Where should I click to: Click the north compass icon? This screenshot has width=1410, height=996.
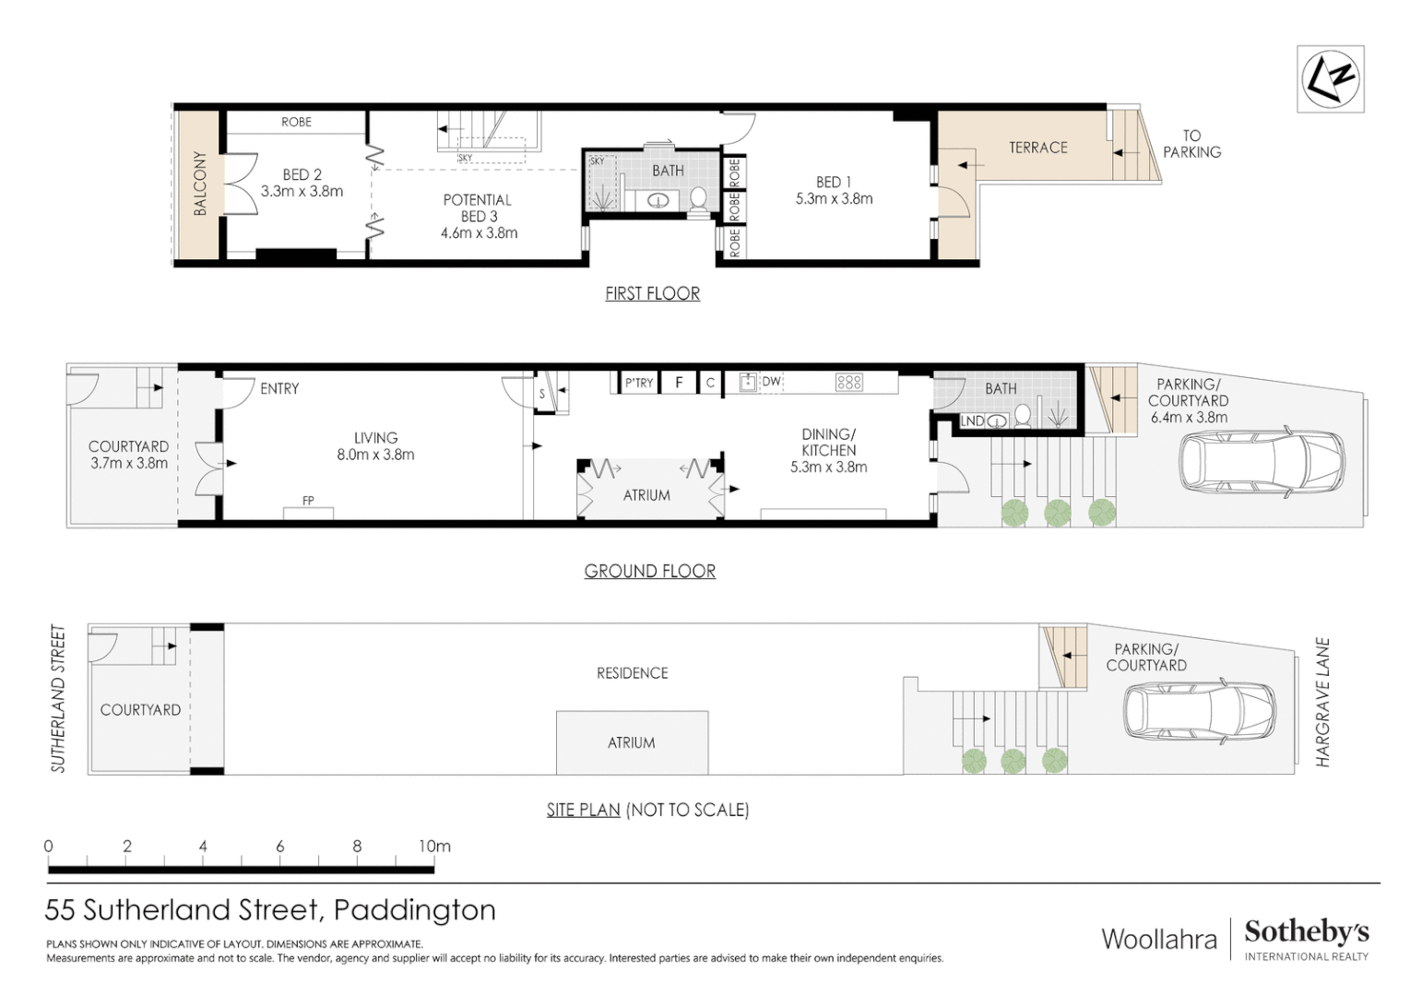point(1330,79)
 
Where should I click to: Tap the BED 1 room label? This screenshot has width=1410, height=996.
point(834,190)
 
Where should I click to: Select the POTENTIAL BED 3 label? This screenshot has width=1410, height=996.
point(478,216)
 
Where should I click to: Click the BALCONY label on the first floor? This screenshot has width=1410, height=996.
point(199,184)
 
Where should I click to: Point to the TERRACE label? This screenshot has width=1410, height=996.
point(1037,148)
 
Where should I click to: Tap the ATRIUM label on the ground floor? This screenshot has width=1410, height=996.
point(646,495)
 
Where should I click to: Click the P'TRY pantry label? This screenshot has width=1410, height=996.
point(638,383)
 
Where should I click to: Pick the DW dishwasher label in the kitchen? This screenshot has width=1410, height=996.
point(771,382)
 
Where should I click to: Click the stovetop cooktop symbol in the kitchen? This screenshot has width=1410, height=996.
point(848,382)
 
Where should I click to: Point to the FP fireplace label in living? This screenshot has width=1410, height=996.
point(308,501)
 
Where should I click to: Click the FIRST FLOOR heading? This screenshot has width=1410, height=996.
point(652,293)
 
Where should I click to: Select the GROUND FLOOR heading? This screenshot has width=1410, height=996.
point(649,571)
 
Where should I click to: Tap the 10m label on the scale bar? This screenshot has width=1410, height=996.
point(434,846)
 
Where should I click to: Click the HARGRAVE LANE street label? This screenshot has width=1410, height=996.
point(1322,702)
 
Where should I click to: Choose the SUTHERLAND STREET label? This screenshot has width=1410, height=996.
point(58,698)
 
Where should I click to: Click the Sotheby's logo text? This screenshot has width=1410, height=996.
point(1306,931)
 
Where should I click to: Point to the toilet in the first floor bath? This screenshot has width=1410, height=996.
point(698,200)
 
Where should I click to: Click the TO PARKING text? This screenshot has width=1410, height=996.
point(1191,144)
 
